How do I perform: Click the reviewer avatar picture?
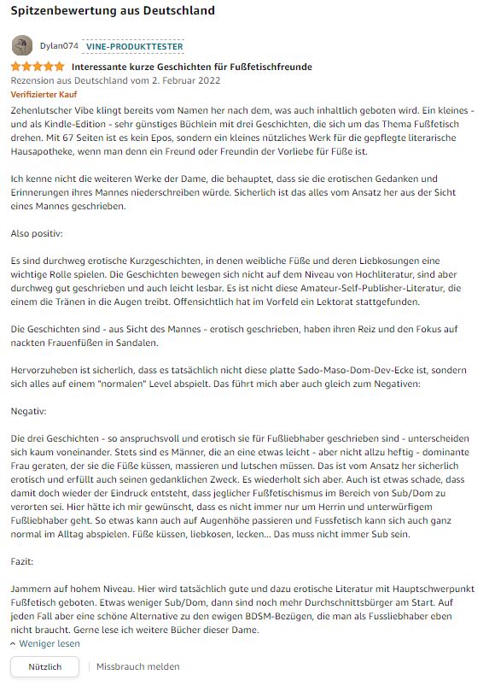pyautogui.click(x=23, y=46)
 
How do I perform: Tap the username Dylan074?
pyautogui.click(x=59, y=46)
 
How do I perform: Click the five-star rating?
pyautogui.click(x=37, y=67)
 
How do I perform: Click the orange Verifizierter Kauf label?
pyautogui.click(x=43, y=94)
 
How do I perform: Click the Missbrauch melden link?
pyautogui.click(x=137, y=666)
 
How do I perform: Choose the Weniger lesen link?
pyautogui.click(x=49, y=643)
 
